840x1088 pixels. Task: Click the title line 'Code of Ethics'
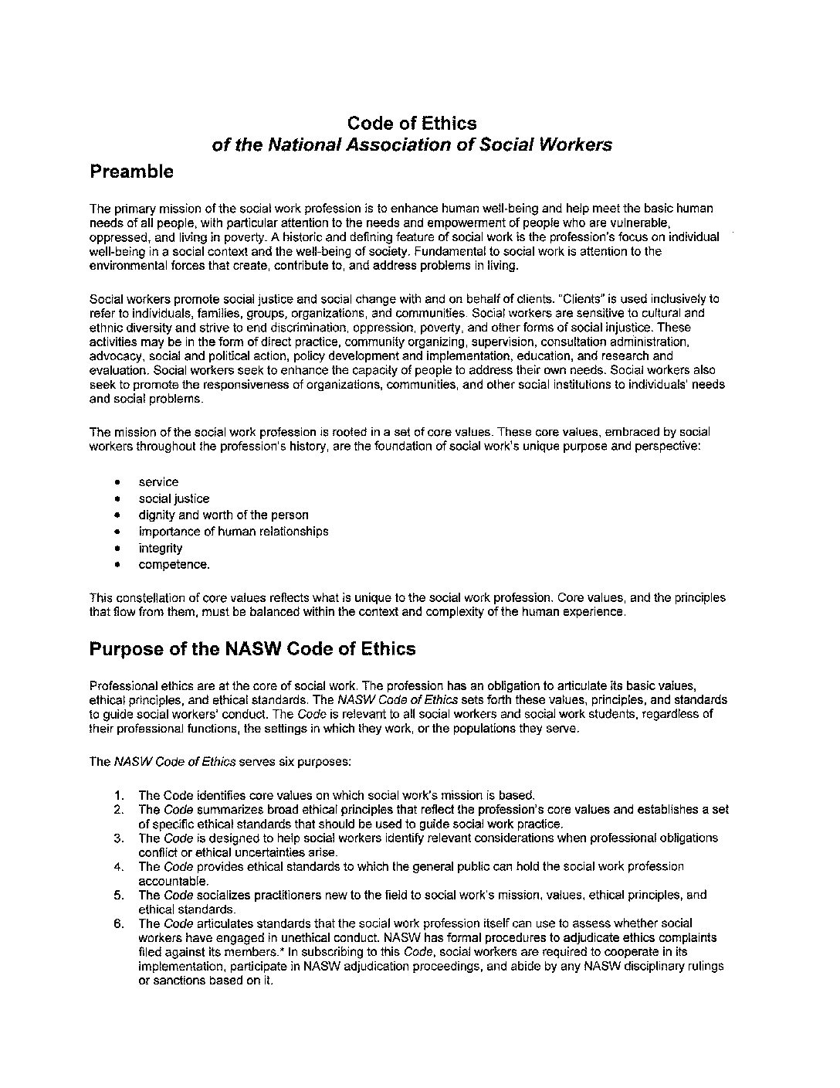tap(412, 123)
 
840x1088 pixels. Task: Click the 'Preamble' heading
tap(131, 172)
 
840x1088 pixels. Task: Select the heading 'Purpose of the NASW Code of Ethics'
tap(252, 649)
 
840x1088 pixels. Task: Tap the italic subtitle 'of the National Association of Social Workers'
tap(412, 144)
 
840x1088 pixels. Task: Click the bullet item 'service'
tap(158, 482)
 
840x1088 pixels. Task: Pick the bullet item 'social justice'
tap(174, 498)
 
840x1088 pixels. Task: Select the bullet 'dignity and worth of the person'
tap(223, 515)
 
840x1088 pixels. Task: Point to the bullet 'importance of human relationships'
tap(233, 532)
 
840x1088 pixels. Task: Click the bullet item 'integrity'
tap(161, 548)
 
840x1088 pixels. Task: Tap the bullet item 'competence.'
tap(174, 565)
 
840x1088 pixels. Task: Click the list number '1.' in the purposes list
tap(118, 795)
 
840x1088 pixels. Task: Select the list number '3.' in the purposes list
tap(118, 838)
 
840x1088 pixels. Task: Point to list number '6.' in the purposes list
tap(118, 923)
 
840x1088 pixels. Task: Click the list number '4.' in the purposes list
tap(118, 866)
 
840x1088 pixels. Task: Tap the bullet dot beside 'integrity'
tap(117, 549)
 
